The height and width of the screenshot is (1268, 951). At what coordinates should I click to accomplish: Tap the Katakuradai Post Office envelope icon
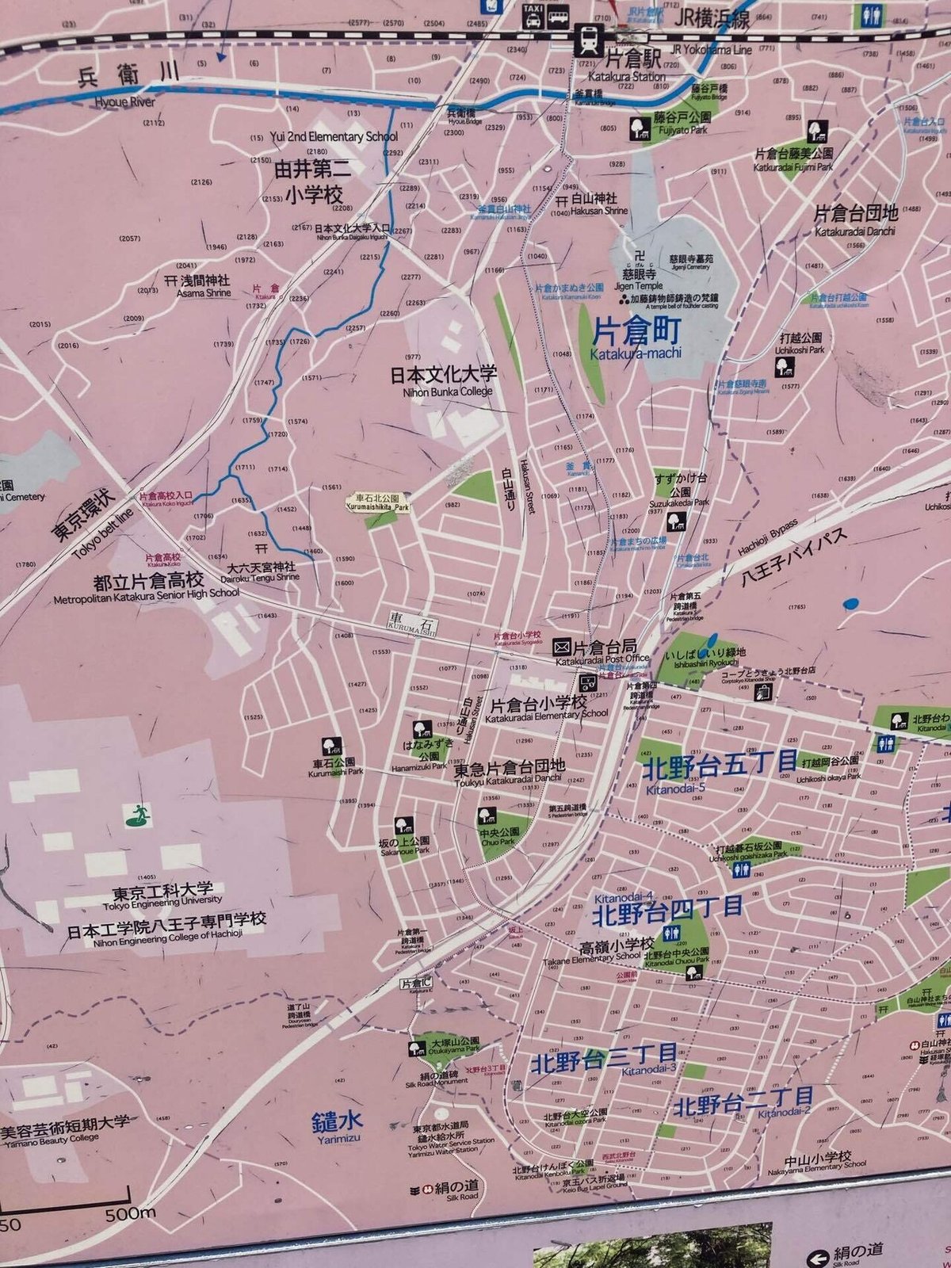(x=562, y=646)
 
